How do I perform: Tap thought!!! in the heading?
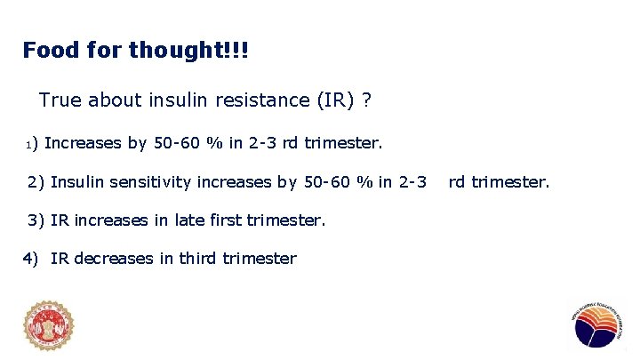(x=188, y=50)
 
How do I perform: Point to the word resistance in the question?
(x=261, y=100)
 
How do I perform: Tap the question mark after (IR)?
(x=366, y=100)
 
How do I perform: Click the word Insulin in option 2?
(x=75, y=182)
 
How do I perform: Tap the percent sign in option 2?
(x=362, y=182)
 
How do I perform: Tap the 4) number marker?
(x=31, y=259)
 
